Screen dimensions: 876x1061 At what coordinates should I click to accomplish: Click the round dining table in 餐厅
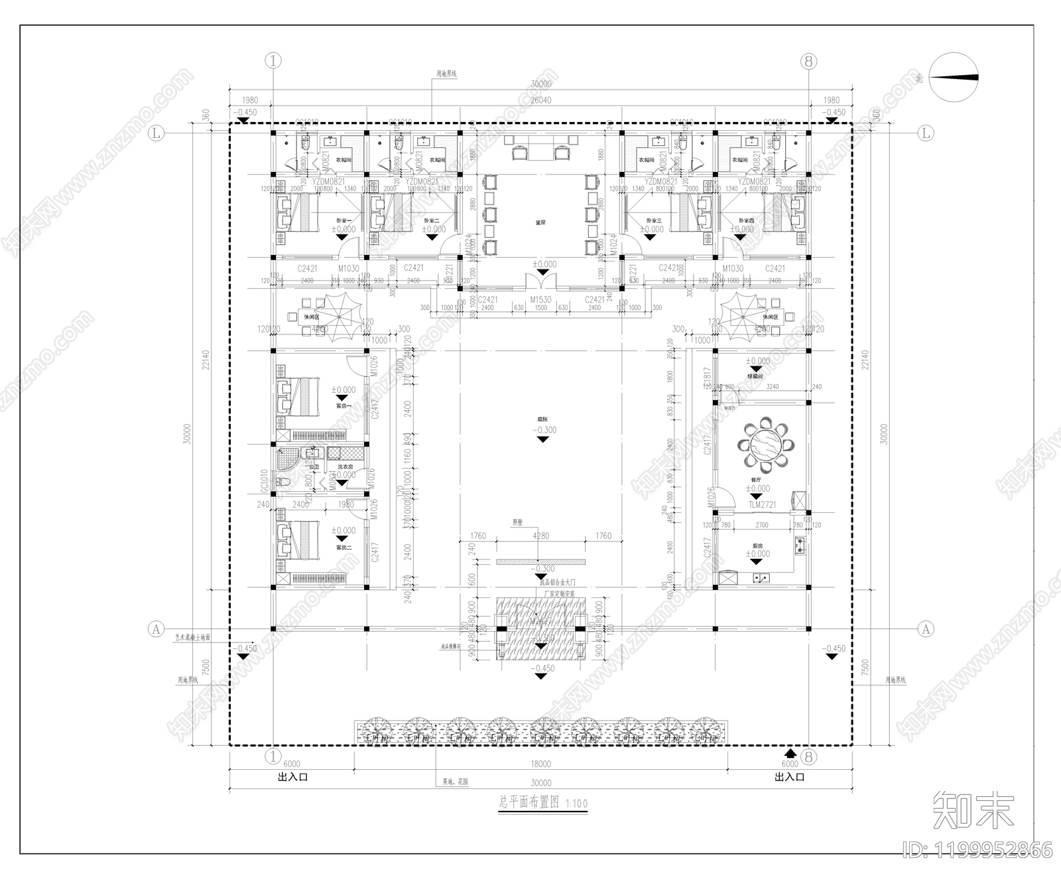(762, 442)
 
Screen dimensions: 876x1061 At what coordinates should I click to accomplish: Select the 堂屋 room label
(540, 223)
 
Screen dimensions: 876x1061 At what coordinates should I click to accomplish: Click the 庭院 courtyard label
(542, 419)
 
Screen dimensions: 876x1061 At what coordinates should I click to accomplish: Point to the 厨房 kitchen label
(761, 545)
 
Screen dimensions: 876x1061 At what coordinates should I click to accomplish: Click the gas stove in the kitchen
(800, 546)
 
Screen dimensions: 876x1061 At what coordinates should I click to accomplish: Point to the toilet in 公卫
(282, 482)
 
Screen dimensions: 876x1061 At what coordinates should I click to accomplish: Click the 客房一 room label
(343, 405)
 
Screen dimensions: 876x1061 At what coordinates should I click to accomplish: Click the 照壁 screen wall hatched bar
(541, 562)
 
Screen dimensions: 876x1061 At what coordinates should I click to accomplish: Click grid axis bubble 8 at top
(808, 62)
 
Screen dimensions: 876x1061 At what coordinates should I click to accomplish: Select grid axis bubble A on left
(155, 628)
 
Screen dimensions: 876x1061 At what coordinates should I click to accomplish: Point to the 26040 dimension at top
(540, 100)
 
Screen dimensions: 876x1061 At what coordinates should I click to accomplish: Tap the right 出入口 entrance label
(789, 776)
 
